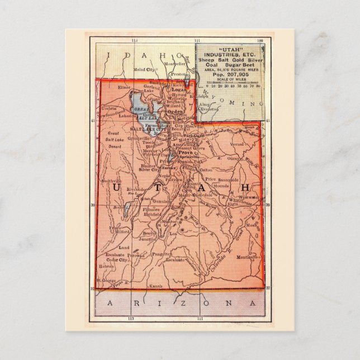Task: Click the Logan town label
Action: [x=178, y=89]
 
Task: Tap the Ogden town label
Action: [x=176, y=111]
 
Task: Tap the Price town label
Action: [x=211, y=179]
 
